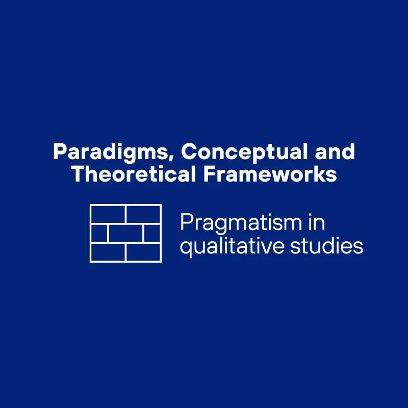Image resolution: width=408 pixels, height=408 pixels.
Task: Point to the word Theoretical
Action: [134, 174]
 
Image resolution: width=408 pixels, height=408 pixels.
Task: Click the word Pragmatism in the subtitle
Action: [236, 224]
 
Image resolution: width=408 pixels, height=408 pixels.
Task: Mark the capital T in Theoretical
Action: [78, 174]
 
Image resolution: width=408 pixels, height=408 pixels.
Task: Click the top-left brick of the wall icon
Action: [108, 214]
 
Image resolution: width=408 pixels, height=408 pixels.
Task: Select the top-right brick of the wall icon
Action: [143, 214]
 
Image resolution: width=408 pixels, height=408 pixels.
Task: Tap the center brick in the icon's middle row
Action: [125, 233]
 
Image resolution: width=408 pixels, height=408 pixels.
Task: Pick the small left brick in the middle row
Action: [99, 233]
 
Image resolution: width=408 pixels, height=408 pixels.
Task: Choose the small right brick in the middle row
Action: [151, 233]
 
